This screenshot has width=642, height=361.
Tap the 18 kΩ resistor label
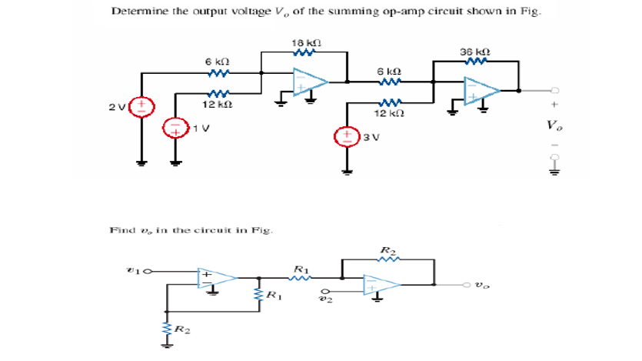pos(305,42)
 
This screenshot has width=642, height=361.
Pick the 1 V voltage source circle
pos(176,129)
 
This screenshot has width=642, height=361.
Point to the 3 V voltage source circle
pos(345,136)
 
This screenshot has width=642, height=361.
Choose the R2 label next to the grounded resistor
pos(181,330)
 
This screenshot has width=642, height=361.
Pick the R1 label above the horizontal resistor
pos(301,269)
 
